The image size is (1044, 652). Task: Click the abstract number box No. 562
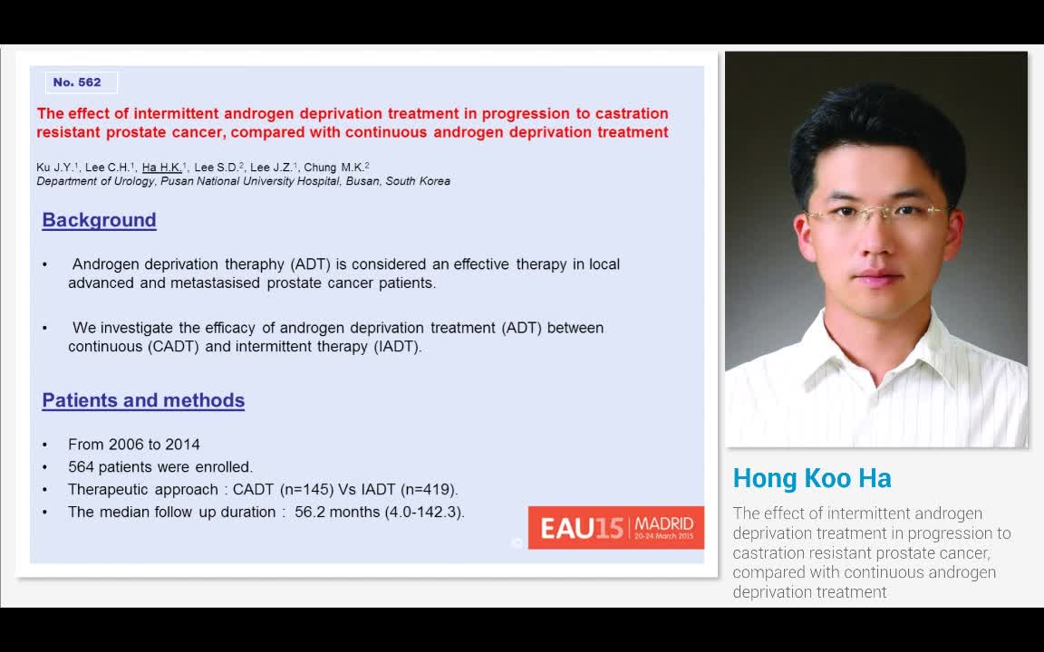[x=81, y=82]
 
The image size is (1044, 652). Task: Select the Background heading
[x=99, y=220]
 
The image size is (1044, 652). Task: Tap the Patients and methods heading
[x=143, y=400]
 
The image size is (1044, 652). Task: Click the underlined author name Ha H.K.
[x=163, y=168]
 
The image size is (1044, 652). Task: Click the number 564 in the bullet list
[x=81, y=467]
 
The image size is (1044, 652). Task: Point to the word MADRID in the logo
[x=664, y=523]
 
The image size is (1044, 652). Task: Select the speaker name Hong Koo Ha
[x=812, y=478]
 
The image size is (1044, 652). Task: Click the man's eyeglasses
[x=877, y=215]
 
